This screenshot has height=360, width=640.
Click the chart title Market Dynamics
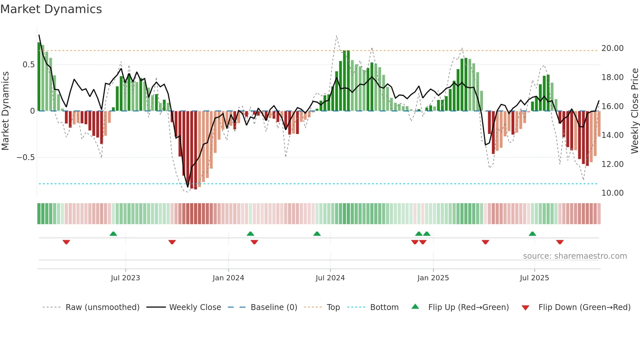pos(51,9)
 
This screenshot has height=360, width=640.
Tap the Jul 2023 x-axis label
pos(125,278)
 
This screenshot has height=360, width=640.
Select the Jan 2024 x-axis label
pos(228,278)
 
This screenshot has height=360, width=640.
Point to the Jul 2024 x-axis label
pos(330,278)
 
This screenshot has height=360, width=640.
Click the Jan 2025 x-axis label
pos(433,278)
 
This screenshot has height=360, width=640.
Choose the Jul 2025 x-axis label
pos(535,278)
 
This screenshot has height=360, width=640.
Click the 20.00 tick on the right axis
pos(613,48)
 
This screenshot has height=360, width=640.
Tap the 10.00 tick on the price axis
pos(613,193)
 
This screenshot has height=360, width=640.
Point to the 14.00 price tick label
pos(613,135)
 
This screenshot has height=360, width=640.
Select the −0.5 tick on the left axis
pos(26,157)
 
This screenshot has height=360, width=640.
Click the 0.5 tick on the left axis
pos(29,65)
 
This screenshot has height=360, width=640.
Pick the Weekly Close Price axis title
pos(634,111)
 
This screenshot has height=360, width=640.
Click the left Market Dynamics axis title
pos(5,111)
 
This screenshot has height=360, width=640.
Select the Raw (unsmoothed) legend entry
pos(102,307)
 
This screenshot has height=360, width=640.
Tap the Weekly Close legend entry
pos(195,307)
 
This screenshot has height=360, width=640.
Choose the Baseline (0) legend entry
pos(274,307)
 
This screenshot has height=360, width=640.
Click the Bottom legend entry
pos(384,307)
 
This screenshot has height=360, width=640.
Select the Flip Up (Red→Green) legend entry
pos(468,307)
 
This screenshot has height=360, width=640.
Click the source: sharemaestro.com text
pos(575,256)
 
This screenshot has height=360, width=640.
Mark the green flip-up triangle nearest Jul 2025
pos(532,234)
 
